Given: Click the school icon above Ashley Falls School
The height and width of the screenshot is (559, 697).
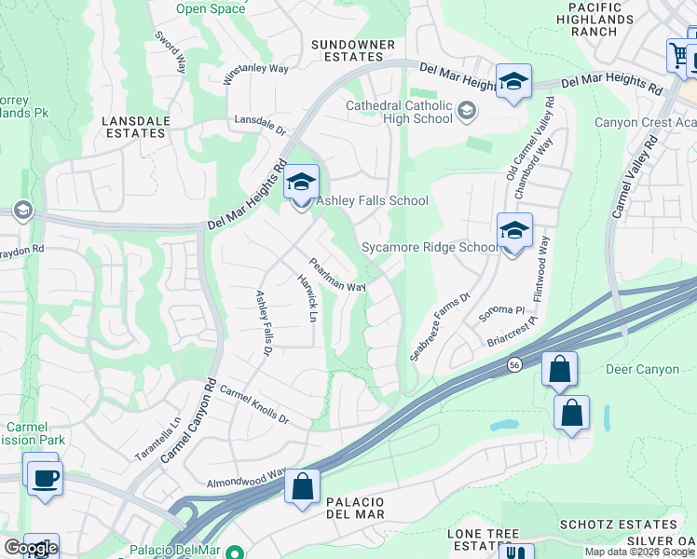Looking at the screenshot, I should [301, 183].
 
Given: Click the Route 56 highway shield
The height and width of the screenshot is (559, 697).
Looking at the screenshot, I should [513, 364].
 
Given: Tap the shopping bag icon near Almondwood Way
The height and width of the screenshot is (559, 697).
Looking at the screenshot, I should [302, 486].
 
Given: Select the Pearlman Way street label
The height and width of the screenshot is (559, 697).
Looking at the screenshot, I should [337, 275].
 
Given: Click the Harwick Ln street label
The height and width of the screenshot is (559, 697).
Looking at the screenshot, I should [307, 298].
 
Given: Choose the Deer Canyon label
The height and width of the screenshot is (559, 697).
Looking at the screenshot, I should [642, 370].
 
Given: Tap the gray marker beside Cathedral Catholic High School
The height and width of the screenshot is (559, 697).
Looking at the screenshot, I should [467, 112].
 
